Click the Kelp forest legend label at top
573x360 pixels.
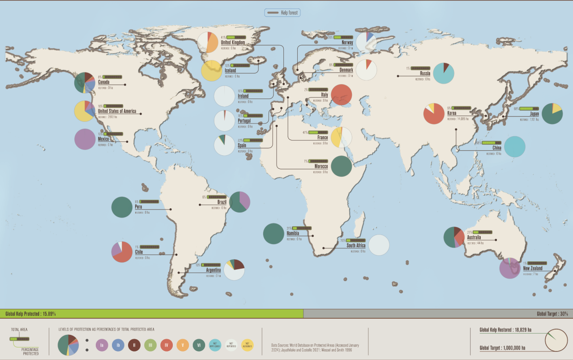coord(289,13)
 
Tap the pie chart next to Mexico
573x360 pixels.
coord(85,139)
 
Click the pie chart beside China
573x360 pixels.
coord(515,146)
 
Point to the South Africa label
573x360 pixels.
coord(356,245)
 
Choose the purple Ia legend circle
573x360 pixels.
coord(102,345)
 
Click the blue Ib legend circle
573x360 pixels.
coord(118,345)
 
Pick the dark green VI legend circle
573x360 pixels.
coord(199,345)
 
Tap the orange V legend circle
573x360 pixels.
coord(183,345)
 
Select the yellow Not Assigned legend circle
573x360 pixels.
coord(248,345)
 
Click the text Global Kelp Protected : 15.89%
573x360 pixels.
coord(30,314)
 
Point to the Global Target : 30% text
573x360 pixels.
coord(552,314)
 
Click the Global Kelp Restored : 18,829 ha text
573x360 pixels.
coord(505,330)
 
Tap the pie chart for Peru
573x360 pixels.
coord(122,207)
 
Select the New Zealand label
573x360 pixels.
coord(533,269)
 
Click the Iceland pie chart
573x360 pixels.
coord(211,71)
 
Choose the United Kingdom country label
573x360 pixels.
coord(233,43)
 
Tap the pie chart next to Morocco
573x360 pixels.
coord(341,166)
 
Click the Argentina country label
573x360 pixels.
coord(214,270)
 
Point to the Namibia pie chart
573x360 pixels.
coord(274,233)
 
